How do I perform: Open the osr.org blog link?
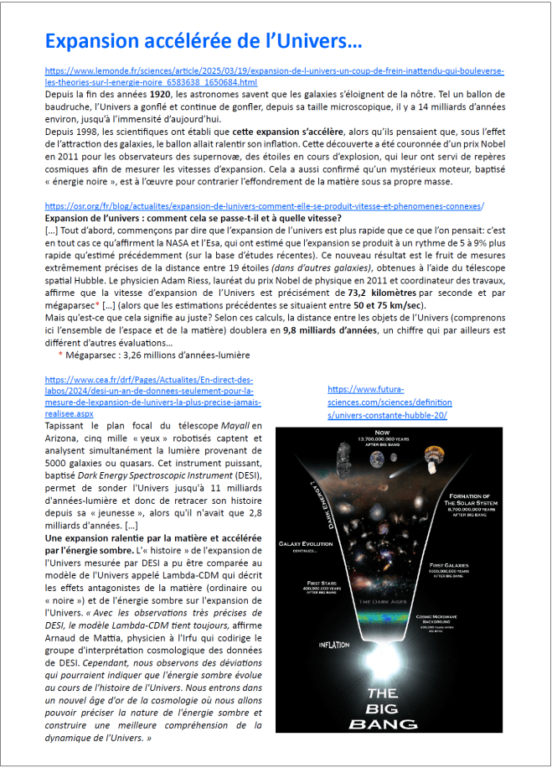[x=265, y=206]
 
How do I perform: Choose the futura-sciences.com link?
[x=389, y=402]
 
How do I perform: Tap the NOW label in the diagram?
[x=383, y=433]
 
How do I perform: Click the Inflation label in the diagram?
[x=334, y=645]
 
